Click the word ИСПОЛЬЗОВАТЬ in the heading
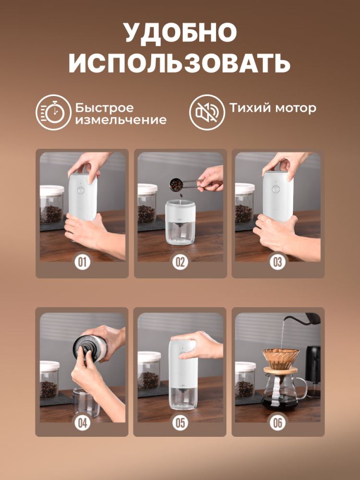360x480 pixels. coord(180,63)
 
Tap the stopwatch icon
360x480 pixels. coord(53,112)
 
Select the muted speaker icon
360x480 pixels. coord(206,112)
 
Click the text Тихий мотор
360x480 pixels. coord(272,108)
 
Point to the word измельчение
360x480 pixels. coord(120,120)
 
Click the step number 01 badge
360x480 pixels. coord(82,262)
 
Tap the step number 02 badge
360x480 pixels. coord(180,262)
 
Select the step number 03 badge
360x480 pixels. coord(278,262)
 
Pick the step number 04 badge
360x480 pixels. coord(82,422)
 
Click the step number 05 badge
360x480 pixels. coord(180,422)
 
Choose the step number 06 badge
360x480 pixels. coord(278,422)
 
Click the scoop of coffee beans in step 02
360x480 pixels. coord(176,183)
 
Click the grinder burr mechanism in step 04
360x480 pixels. coord(85,347)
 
